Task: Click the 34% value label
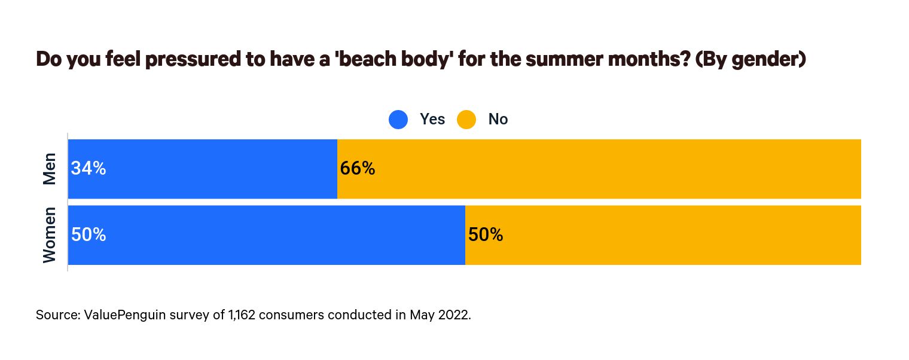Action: [x=89, y=169]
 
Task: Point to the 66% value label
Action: [x=357, y=169]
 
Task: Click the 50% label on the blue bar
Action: [x=89, y=235]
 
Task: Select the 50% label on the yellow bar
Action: [x=485, y=235]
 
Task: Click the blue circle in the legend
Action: [x=398, y=120]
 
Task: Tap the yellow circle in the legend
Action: [x=466, y=120]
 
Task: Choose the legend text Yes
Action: [x=432, y=120]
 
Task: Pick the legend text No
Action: [x=498, y=120]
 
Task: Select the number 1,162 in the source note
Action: [x=239, y=315]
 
